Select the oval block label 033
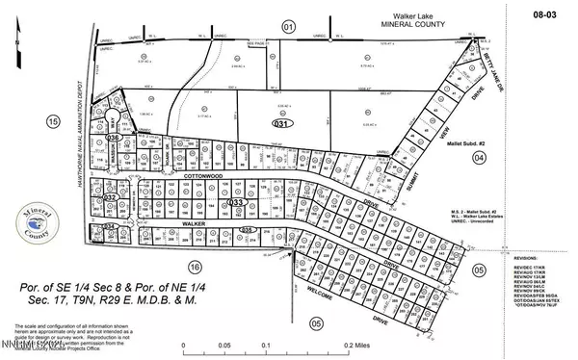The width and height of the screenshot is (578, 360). (x=235, y=203)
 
